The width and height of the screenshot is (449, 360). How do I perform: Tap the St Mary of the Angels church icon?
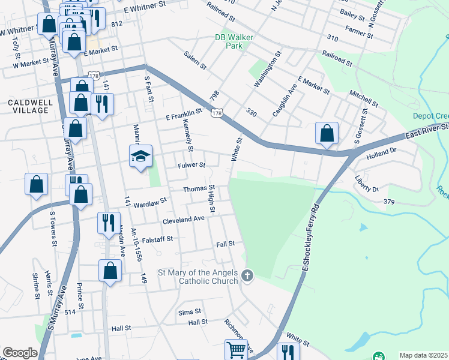(247, 276)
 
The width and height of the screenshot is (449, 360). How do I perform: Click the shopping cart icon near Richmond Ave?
(236, 350)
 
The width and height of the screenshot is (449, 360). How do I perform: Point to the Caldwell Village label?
(28, 107)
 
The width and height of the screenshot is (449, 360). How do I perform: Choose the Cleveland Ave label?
(184, 220)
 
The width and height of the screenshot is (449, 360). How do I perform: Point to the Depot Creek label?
(430, 116)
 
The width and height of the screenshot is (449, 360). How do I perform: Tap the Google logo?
(20, 353)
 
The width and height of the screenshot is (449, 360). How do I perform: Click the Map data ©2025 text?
(424, 355)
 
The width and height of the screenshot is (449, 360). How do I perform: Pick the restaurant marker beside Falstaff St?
(109, 223)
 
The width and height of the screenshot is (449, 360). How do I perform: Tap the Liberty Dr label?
(367, 184)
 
